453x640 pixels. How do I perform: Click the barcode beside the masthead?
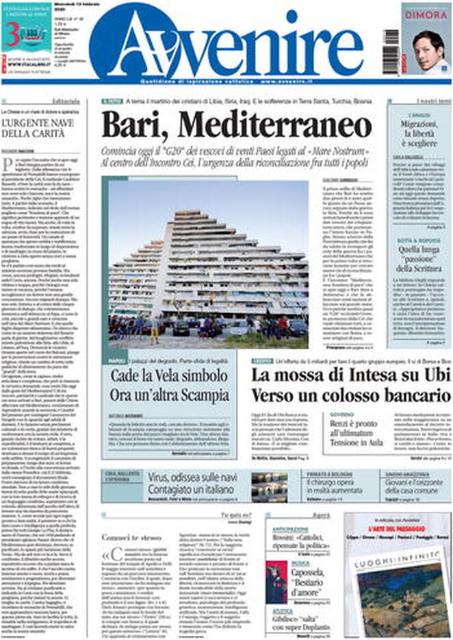pos(390,38)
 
